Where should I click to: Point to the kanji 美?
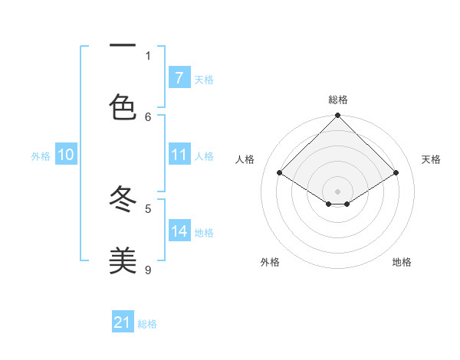pos(123,261)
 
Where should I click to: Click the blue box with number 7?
pos(179,77)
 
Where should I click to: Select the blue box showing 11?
pos(179,155)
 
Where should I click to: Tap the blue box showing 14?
pos(179,231)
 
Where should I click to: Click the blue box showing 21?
pos(123,322)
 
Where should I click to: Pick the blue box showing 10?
pos(66,155)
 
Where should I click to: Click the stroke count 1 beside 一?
pos(148,55)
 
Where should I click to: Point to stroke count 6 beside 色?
pos(148,116)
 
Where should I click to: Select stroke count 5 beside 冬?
pos(148,208)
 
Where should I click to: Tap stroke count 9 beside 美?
pos(148,270)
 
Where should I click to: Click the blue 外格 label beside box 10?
pos(41,155)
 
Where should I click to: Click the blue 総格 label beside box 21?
pos(147,324)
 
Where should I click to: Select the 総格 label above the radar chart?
pos(337,100)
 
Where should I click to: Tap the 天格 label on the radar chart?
pos(431,159)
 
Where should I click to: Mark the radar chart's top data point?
pos(337,116)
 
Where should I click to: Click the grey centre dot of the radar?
pos(337,191)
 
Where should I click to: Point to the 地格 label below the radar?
pos(402,262)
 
